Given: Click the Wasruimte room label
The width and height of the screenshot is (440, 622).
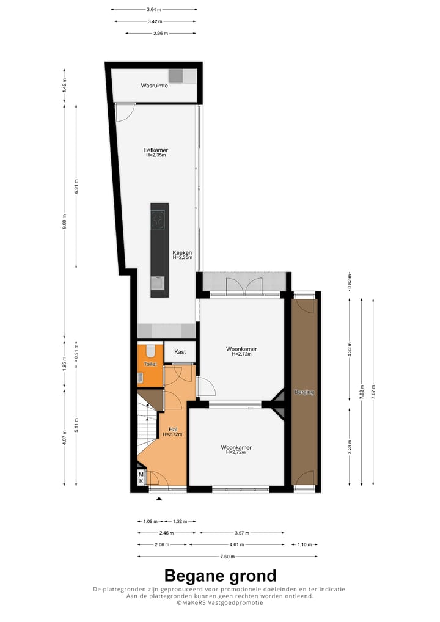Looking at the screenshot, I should (155, 86).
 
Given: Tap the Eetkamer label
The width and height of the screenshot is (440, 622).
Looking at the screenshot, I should (156, 150).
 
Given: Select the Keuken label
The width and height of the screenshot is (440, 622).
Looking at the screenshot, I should (182, 252).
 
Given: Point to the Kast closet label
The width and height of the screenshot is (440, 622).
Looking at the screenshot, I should (180, 352).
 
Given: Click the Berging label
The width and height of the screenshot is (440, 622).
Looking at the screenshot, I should (304, 392).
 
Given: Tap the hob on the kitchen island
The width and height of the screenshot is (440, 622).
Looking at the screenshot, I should (159, 218).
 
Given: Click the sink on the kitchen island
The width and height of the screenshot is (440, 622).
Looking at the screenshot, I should (158, 283).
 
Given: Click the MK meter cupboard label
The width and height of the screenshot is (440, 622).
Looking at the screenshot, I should (141, 478).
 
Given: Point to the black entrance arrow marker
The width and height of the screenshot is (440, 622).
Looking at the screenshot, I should (159, 499).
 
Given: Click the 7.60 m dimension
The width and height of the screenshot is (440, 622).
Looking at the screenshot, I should (227, 557).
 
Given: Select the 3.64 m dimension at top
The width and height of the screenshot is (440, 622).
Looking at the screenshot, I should (154, 10).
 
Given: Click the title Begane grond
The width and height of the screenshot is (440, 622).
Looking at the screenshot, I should (220, 576).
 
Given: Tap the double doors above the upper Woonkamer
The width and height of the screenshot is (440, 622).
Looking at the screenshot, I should (243, 285).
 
